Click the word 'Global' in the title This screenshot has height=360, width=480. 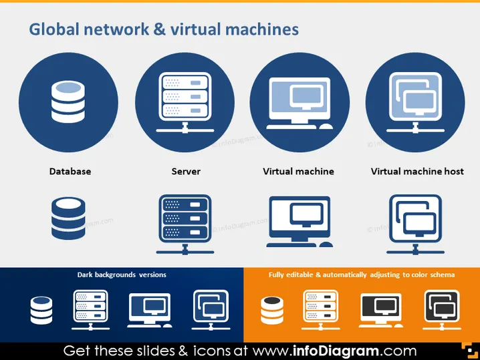[54, 29]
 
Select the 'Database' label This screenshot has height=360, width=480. [70, 171]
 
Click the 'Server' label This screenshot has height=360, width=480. [186, 171]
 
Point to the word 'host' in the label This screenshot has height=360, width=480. [454, 171]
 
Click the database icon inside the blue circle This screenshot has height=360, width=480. [68, 102]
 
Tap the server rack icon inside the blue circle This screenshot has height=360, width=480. [185, 102]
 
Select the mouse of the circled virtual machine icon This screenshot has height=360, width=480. [326, 127]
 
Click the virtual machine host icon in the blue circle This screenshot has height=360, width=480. [415, 102]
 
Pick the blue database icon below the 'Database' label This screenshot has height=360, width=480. [68, 218]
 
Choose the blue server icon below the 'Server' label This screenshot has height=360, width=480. [185, 224]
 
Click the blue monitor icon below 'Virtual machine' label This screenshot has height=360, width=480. [299, 222]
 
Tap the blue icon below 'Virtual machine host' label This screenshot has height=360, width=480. [415, 224]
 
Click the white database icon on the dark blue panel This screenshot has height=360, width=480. [41, 310]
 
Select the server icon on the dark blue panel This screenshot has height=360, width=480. [91, 310]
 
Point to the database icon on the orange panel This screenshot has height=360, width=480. [272, 310]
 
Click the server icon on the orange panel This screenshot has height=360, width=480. [320, 310]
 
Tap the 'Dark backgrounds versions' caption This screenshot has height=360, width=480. [122, 275]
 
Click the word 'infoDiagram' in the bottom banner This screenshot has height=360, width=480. [336, 351]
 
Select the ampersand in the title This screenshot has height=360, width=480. [159, 29]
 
